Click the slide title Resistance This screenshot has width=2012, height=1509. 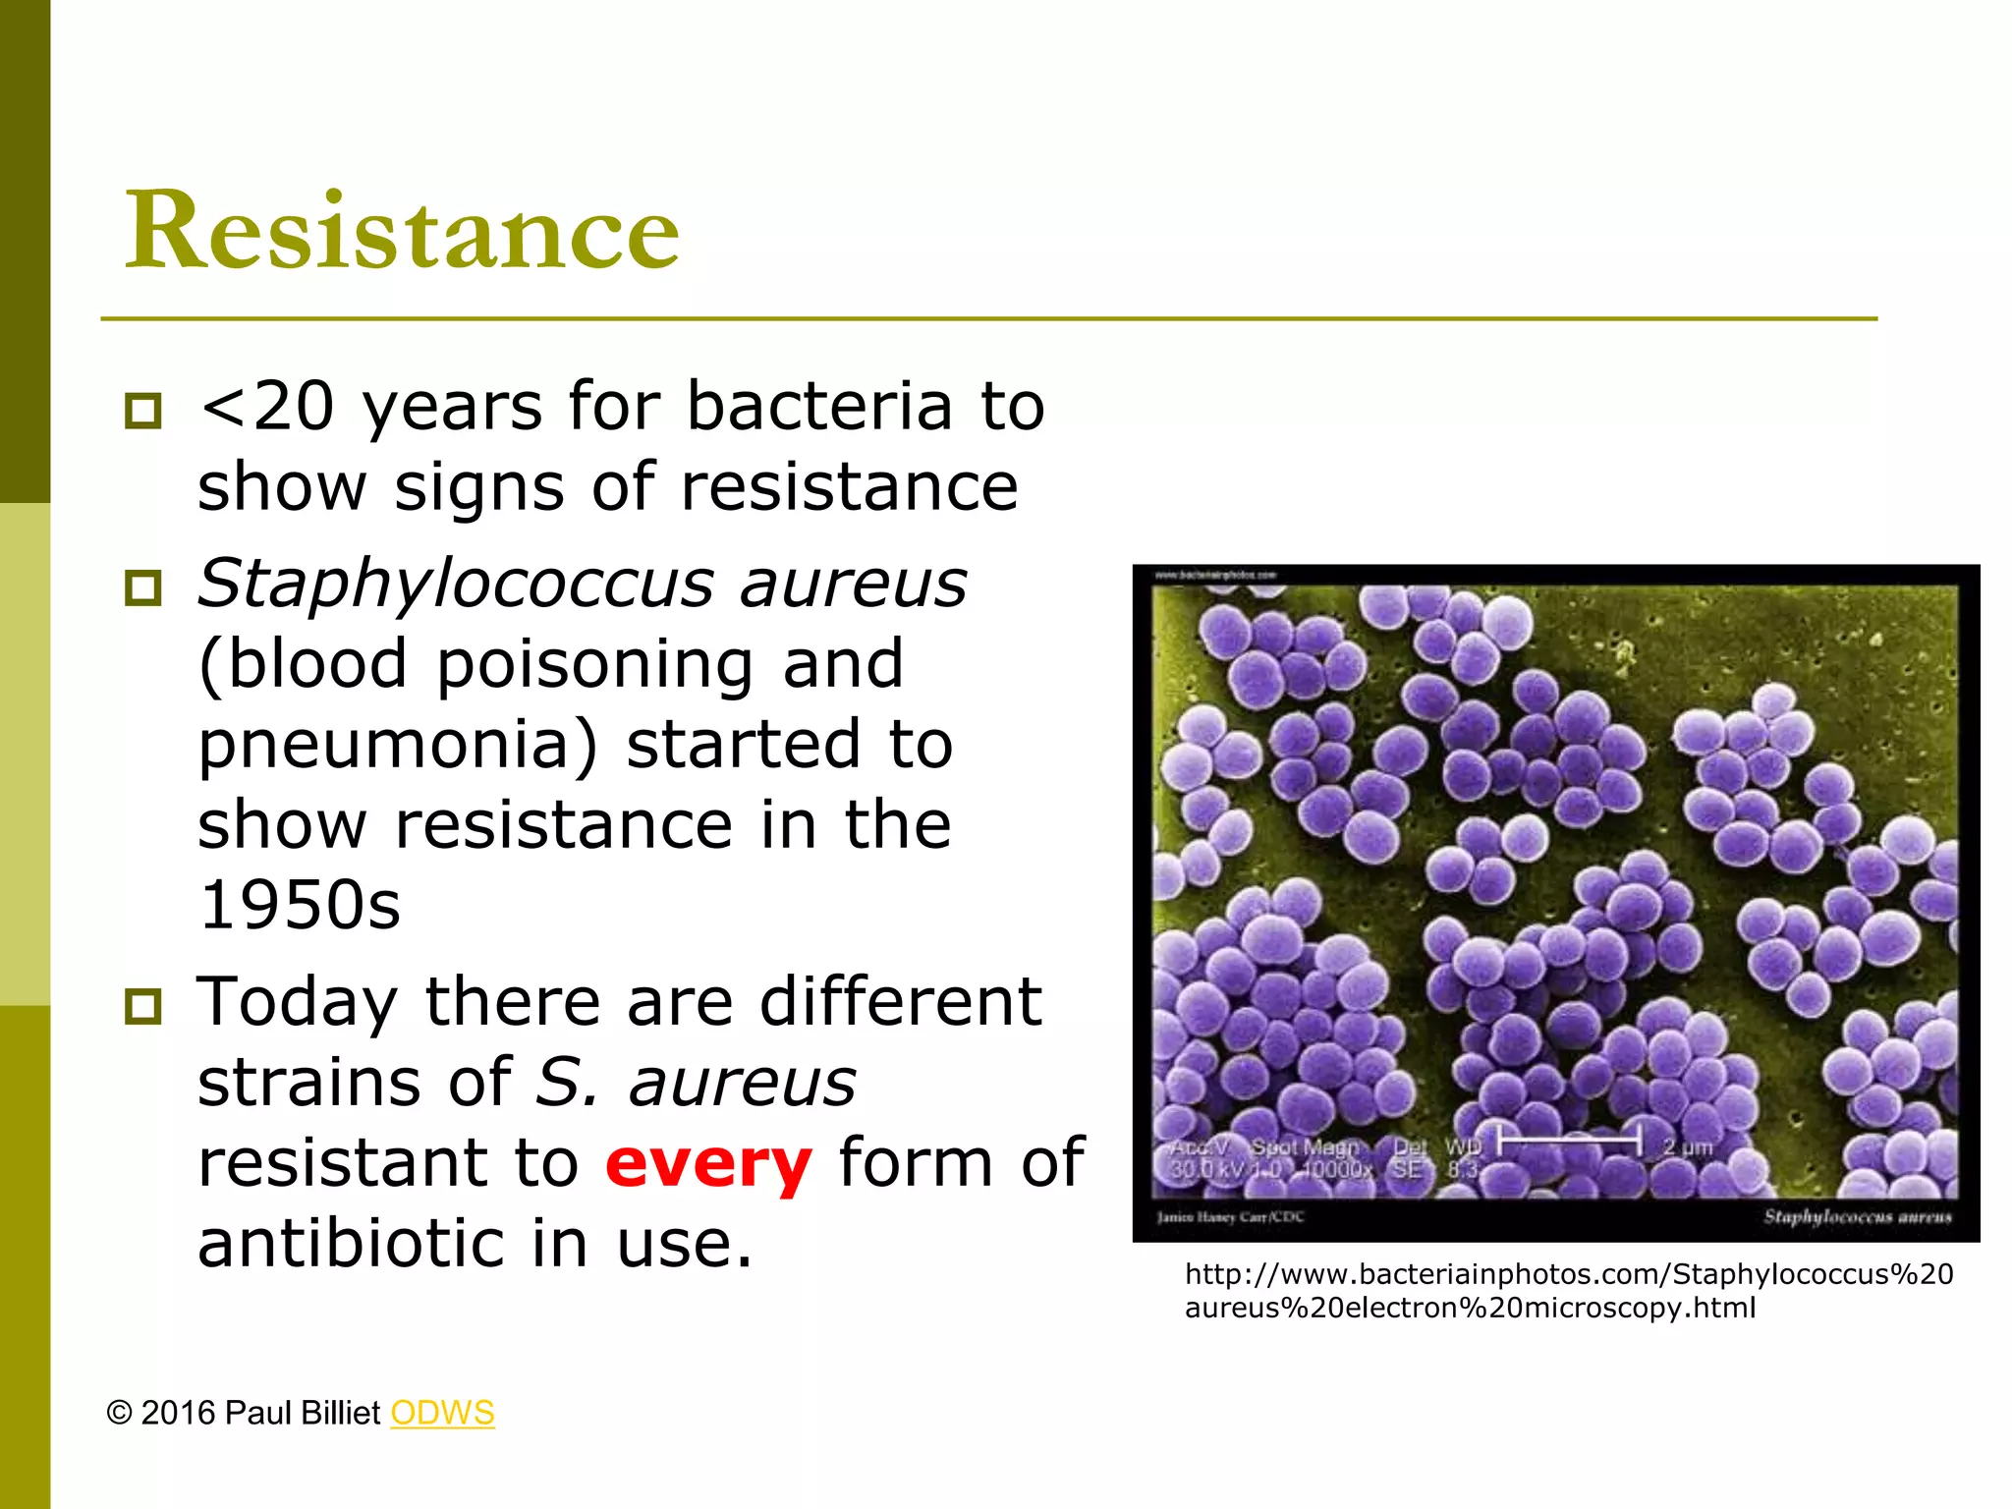tap(402, 230)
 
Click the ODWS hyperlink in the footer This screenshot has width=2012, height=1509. tap(442, 1413)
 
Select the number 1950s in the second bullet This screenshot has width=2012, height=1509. tap(299, 905)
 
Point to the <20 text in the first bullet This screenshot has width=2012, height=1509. tap(266, 406)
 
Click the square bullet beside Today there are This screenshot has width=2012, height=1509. tap(143, 1006)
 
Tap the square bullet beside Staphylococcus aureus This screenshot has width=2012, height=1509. tap(143, 587)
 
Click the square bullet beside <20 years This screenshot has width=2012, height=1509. tap(143, 410)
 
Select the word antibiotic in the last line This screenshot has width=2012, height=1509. tap(350, 1243)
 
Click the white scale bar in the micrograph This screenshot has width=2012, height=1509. tap(1569, 1143)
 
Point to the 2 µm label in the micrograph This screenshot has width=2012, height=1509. tap(1687, 1146)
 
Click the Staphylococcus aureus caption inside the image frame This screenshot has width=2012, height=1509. tap(1857, 1217)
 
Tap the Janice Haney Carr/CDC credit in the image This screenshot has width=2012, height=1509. tap(1230, 1217)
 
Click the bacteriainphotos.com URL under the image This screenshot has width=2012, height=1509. tap(1568, 1291)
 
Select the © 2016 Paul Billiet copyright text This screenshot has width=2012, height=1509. tap(243, 1413)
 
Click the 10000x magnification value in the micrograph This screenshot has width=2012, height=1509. tap(1337, 1169)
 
